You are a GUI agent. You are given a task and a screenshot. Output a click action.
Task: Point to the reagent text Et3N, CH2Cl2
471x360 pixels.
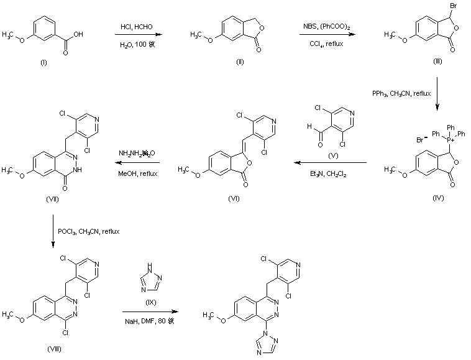pyautogui.click(x=330, y=175)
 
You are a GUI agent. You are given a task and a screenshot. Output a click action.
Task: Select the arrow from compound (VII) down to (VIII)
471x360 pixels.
pyautogui.click(x=54, y=231)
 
